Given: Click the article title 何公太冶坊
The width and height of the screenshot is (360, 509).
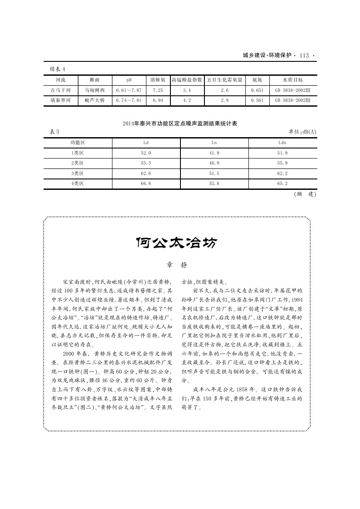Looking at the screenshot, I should tap(176, 243).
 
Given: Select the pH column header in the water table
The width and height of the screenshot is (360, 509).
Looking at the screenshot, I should tap(129, 80).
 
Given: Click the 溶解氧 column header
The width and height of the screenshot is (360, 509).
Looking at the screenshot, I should tap(158, 80).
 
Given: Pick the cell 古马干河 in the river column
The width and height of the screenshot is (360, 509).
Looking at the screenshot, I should tap(61, 90).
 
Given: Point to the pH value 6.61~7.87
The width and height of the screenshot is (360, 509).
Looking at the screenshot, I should tap(129, 90).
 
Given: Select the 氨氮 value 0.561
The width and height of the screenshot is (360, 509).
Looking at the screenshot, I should tap(257, 100).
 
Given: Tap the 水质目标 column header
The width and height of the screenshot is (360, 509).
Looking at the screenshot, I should tap(293, 80).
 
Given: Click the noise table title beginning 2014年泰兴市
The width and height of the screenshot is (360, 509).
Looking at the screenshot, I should tap(180, 124).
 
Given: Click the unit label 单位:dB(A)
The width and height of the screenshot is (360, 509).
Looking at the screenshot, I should tap(302, 132).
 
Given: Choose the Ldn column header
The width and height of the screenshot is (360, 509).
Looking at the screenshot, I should tap(282, 142).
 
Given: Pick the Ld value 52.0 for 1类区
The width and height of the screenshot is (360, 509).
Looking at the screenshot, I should tap(146, 153).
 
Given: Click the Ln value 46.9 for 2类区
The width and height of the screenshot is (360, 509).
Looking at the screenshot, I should tap(214, 163).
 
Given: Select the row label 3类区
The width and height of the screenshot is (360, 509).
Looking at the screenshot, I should tap(77, 173).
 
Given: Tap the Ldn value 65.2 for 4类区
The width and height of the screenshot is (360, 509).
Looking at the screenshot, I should tap(282, 184).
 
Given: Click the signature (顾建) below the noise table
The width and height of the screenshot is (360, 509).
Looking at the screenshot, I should tap(305, 194).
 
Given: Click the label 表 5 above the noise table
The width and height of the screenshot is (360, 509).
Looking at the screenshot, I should tap(52, 132).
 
